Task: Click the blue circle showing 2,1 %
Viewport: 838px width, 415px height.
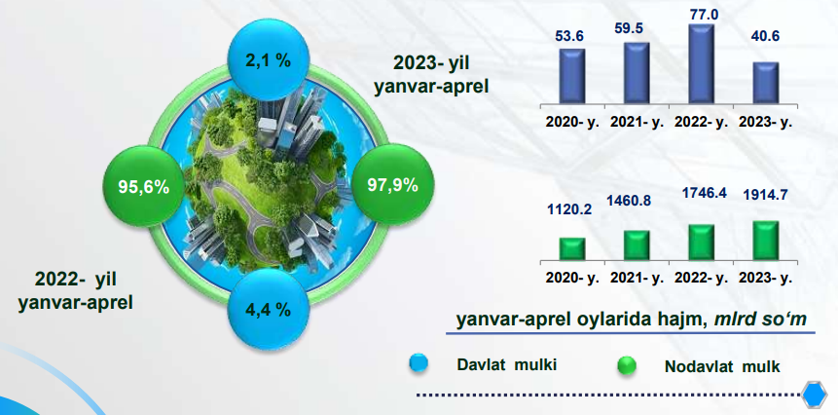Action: (269, 59)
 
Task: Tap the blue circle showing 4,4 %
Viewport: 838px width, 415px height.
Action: (269, 310)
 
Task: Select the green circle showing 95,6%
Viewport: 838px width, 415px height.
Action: (144, 185)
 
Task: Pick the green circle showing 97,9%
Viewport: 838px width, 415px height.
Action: (393, 184)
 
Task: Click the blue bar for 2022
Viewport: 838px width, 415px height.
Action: (702, 63)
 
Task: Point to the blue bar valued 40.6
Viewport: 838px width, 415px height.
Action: (766, 83)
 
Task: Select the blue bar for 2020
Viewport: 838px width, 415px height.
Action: (572, 76)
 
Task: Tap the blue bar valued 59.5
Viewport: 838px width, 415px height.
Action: (637, 73)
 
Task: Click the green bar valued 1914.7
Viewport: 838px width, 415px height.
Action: (766, 241)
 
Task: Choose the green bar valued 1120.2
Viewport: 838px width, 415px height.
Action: (572, 249)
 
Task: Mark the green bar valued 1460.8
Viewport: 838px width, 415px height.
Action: (637, 245)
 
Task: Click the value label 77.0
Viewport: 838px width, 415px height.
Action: (703, 15)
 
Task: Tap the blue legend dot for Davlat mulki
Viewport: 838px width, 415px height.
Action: (419, 363)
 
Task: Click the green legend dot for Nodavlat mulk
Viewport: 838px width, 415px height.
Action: (627, 366)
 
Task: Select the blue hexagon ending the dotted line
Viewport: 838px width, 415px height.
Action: (815, 396)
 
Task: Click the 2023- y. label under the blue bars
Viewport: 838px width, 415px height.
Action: (765, 122)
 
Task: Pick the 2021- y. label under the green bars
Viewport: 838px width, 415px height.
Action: (637, 279)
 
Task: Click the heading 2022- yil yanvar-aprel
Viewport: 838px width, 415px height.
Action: (75, 291)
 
